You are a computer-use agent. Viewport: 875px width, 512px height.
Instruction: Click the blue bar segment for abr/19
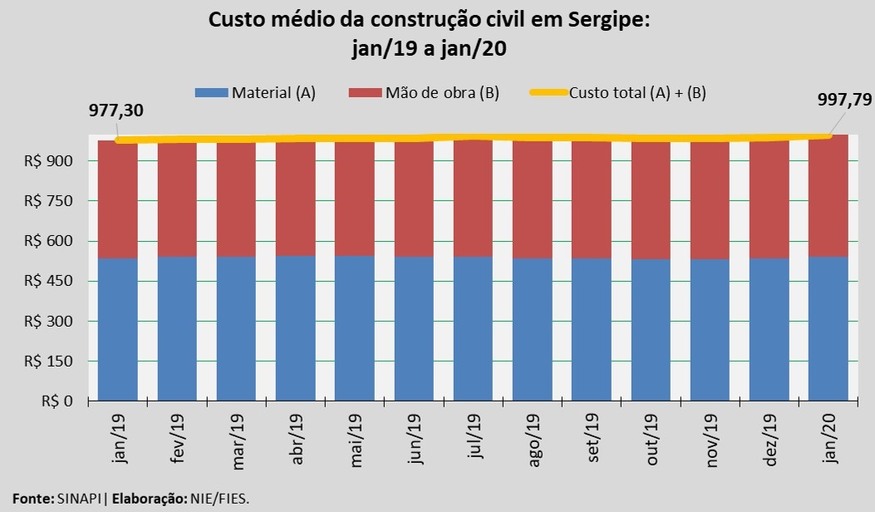pyautogui.click(x=296, y=328)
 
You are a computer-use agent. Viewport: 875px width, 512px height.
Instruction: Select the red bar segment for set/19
pyautogui.click(x=592, y=199)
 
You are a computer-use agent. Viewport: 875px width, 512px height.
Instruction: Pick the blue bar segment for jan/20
pyautogui.click(x=828, y=328)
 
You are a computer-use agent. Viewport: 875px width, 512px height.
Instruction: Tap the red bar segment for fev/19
pyautogui.click(x=177, y=199)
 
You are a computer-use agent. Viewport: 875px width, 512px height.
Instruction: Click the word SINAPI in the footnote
pyautogui.click(x=80, y=499)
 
